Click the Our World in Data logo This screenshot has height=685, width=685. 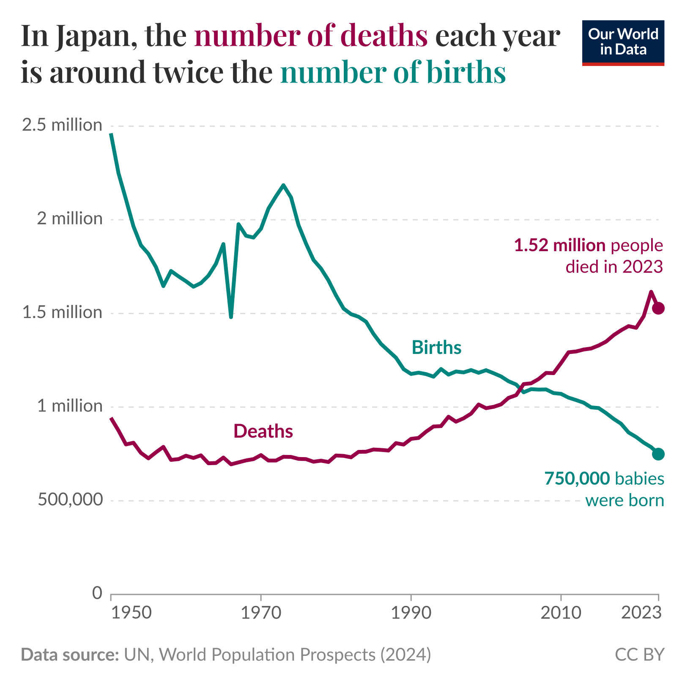pos(623,43)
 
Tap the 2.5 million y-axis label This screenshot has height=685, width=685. pos(62,125)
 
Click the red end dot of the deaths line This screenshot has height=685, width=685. pos(658,308)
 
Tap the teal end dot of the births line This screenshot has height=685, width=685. pos(658,454)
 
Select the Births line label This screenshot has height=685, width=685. pos(436,348)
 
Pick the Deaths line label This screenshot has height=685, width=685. pos(263,431)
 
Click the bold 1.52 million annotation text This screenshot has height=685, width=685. pos(559,245)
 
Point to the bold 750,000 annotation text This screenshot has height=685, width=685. pos(577,478)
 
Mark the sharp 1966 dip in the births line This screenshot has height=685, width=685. pos(231,317)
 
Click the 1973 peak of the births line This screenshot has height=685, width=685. pos(283,185)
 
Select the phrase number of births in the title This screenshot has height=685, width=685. pos(393,72)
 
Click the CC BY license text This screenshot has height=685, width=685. pos(639,655)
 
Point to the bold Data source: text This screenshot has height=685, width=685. pos(70,655)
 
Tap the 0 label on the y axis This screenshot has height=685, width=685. pos(97,593)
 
